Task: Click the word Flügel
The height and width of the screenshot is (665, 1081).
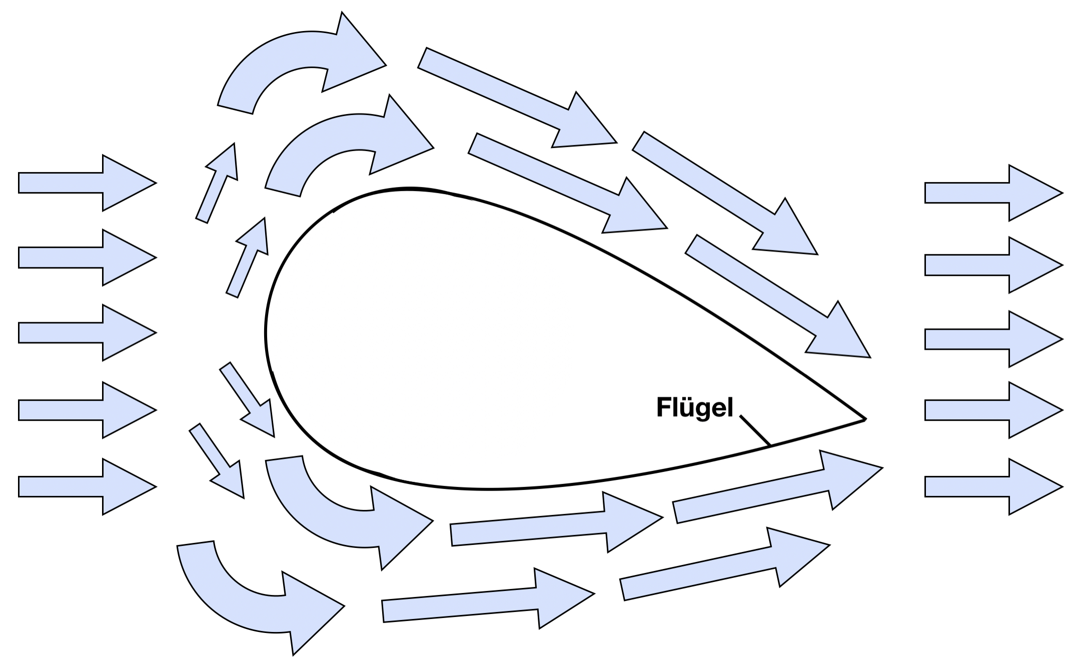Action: (x=694, y=408)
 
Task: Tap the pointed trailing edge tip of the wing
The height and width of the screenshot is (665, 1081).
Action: (x=864, y=419)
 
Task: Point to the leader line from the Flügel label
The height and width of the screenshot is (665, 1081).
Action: (x=755, y=430)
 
